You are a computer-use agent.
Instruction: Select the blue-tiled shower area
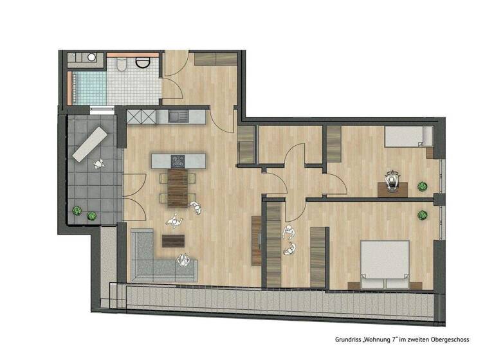click(x=87, y=88)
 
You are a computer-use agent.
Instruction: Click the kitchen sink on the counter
click(x=178, y=116)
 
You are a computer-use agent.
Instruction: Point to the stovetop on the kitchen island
click(x=178, y=160)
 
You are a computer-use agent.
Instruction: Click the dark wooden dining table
click(x=180, y=188)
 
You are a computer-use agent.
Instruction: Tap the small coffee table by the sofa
click(x=172, y=241)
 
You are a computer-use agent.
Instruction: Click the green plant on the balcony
click(x=77, y=210)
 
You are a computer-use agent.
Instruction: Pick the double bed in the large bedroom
click(x=385, y=264)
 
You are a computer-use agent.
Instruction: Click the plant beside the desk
click(x=422, y=186)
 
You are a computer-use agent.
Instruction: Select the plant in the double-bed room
click(x=423, y=215)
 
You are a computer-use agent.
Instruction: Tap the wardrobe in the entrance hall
click(x=216, y=57)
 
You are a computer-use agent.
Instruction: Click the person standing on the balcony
click(x=98, y=163)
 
